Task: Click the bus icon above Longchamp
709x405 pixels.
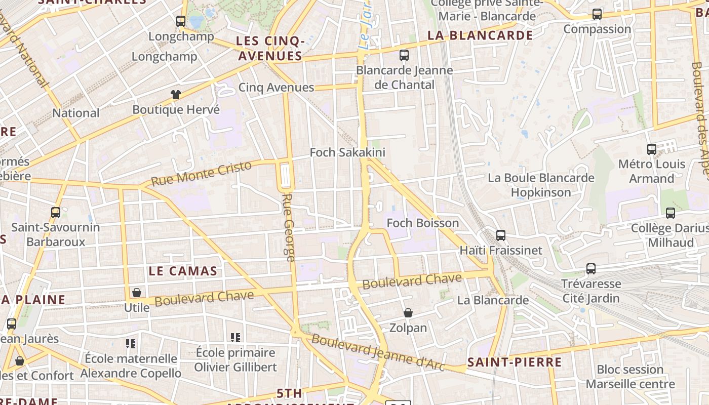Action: point(181,21)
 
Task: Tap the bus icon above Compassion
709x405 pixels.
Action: point(597,14)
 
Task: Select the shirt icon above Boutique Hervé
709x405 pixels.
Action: point(176,94)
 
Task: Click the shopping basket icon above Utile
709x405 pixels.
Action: point(136,293)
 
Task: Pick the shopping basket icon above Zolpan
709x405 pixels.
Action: point(408,313)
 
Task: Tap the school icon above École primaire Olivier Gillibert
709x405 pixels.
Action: point(235,337)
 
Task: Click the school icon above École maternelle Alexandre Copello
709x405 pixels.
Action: point(131,344)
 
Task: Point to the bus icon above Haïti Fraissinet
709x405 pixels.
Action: point(501,235)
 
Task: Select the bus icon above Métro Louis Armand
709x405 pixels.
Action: point(652,149)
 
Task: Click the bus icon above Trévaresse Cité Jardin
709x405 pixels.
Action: point(591,269)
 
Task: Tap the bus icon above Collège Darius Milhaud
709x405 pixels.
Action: point(671,213)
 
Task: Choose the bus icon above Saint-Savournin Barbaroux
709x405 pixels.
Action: point(56,213)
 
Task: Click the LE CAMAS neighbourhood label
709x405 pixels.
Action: point(183,271)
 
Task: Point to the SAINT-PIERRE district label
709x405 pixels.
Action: point(514,362)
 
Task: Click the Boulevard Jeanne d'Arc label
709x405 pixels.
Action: point(378,352)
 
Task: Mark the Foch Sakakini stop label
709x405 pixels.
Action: point(347,152)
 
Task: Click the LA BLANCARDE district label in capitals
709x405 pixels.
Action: point(480,35)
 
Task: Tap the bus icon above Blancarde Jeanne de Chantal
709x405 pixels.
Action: point(404,55)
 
